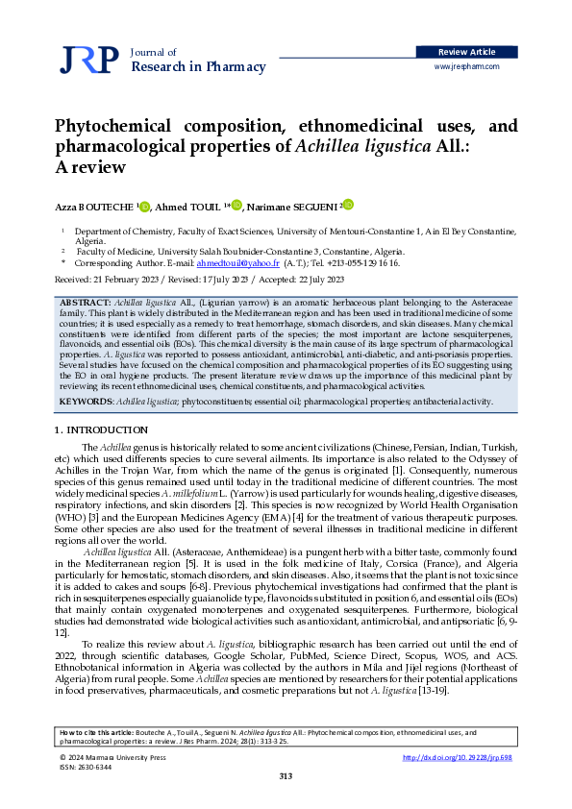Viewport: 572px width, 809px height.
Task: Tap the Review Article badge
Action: coord(466,51)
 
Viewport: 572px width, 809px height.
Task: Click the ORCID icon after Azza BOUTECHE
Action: coord(144,205)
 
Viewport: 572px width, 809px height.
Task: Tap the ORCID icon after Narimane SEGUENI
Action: coord(348,205)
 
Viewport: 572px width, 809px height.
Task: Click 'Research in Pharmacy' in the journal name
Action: coord(197,66)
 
